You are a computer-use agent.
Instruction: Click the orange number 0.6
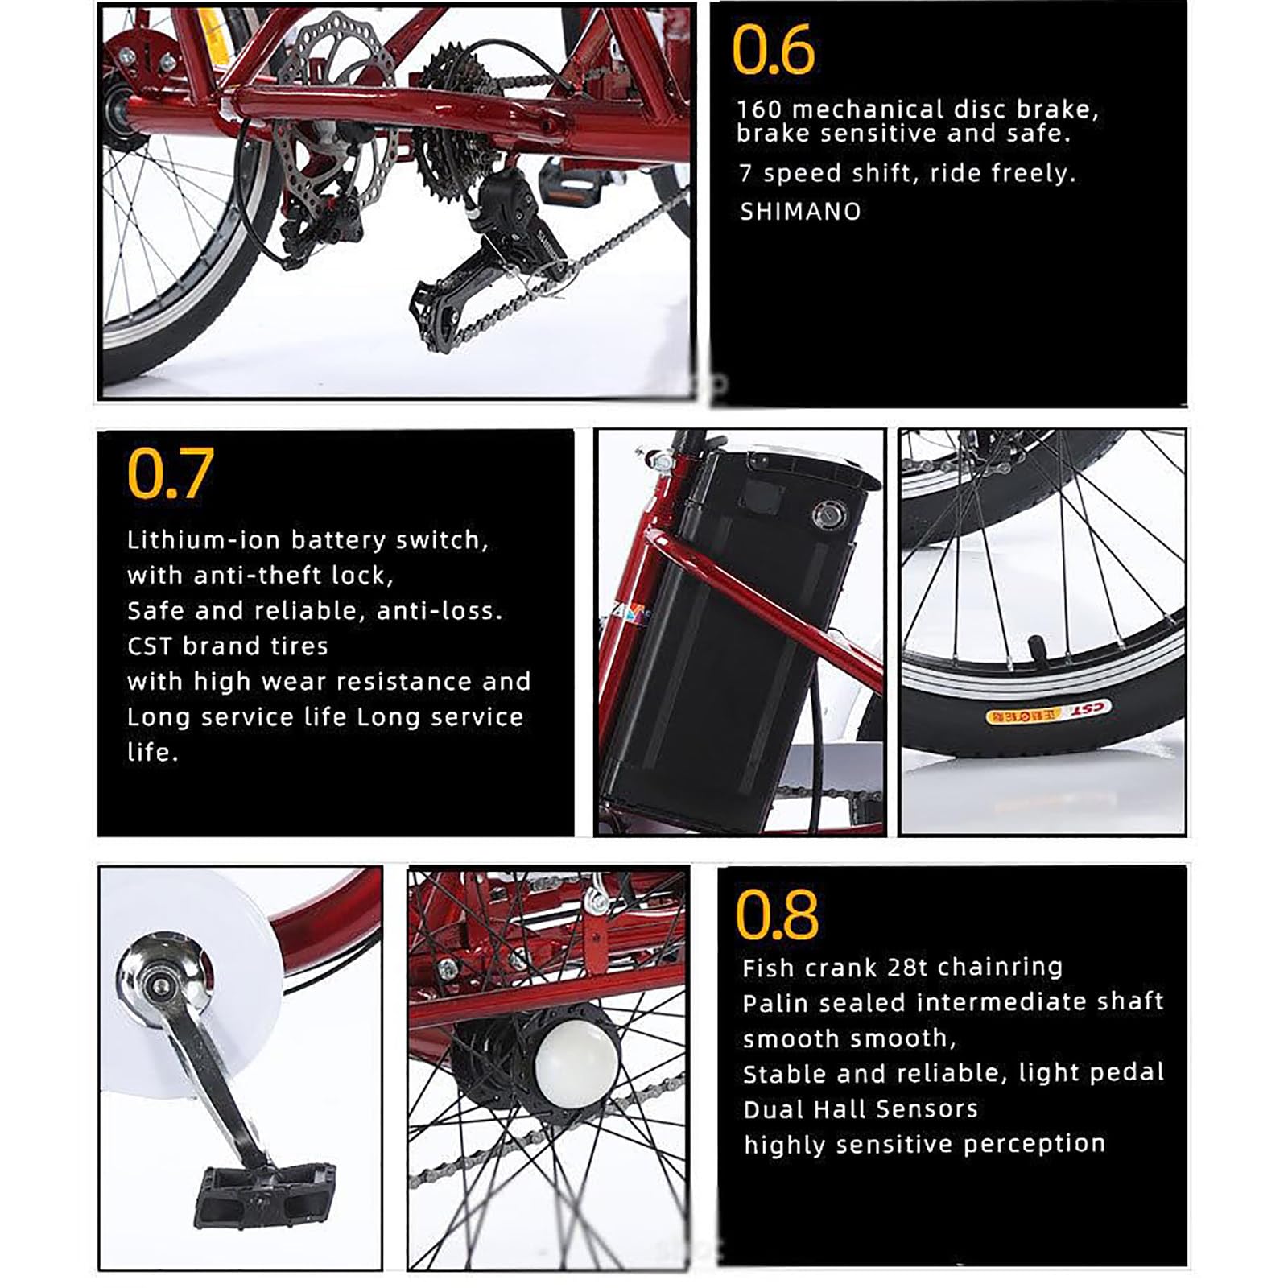773,50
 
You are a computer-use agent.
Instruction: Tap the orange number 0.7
170,473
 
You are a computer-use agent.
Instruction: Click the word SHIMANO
800,212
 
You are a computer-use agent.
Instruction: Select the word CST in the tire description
151,646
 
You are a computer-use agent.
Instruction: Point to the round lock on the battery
826,514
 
